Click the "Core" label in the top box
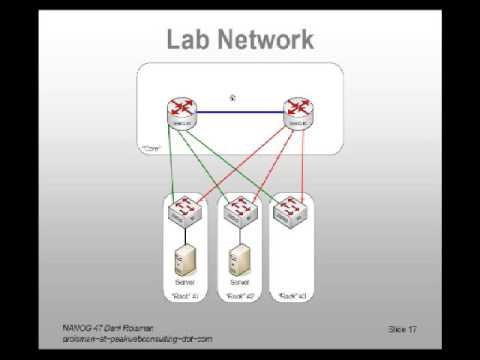tap(152, 148)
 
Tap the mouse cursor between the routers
tap(232, 97)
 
